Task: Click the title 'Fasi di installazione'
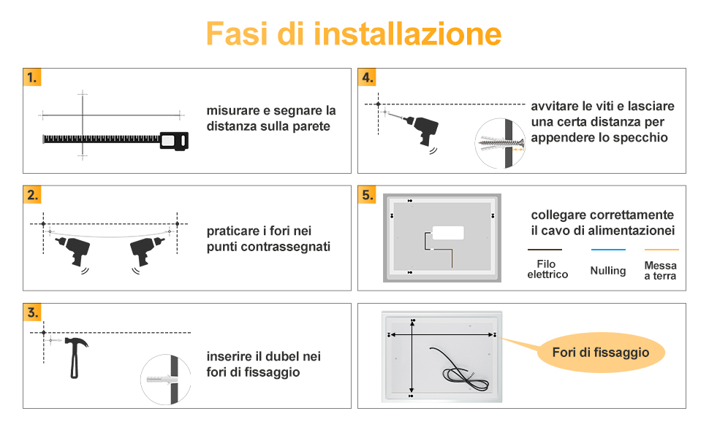pos(354,34)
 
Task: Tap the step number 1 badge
pos(32,77)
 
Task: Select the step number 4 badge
pos(367,77)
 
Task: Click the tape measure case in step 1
pos(175,141)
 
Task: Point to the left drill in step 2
pos(74,251)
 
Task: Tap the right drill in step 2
pos(145,251)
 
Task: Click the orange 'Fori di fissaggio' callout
pos(601,352)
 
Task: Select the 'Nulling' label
pos(608,271)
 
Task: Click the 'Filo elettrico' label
pos(547,269)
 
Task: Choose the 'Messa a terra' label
pos(660,271)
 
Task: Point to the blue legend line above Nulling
pos(608,249)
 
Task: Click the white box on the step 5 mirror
pos(448,233)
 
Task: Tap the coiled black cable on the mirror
pos(459,370)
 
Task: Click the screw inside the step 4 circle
pos(501,142)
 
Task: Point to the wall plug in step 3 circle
pos(162,379)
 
